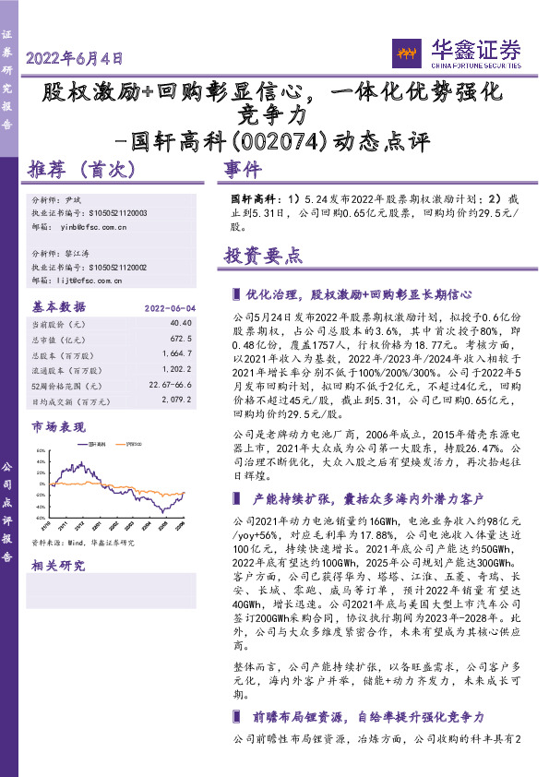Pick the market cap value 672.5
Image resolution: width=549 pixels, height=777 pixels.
[182, 338]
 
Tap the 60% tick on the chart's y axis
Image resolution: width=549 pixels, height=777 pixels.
[42, 452]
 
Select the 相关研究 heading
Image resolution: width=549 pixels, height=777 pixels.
[57, 565]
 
